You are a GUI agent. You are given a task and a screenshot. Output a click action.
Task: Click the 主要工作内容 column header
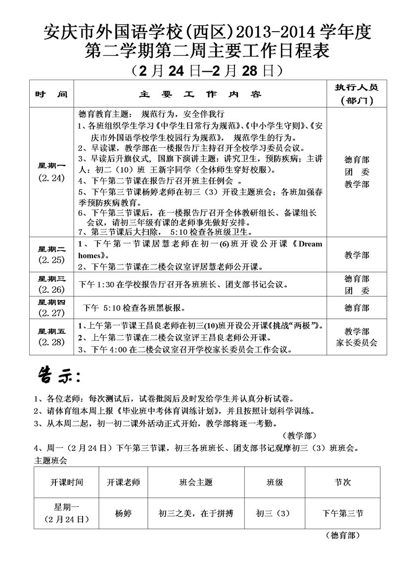[200, 93]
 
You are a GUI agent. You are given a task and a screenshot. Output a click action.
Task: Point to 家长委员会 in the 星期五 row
[356, 343]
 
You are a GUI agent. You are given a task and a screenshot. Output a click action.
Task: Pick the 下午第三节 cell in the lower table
[342, 513]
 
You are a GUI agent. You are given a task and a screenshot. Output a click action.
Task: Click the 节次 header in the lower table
[342, 482]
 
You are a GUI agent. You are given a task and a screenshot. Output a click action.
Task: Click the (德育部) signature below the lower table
[342, 535]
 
